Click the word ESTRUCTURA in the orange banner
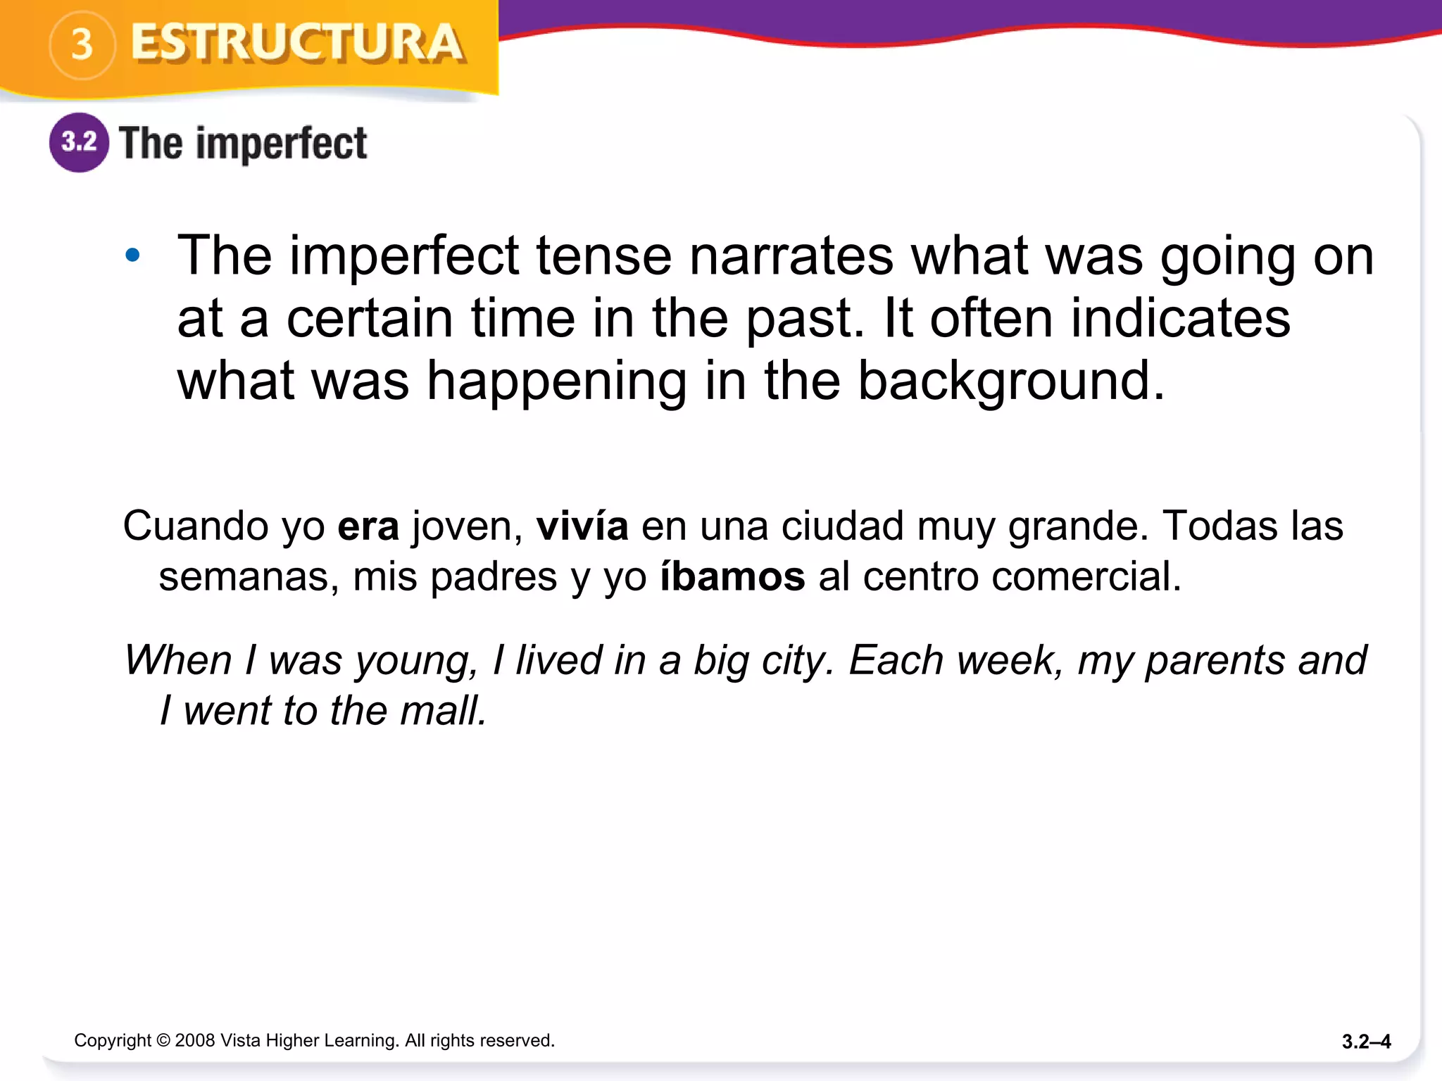pos(297,44)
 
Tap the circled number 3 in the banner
pos(82,45)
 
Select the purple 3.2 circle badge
pos(79,142)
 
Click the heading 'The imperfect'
pos(243,144)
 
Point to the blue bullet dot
pos(132,255)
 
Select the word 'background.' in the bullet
pos(1011,381)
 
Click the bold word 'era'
pos(368,526)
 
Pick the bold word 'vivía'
pos(582,526)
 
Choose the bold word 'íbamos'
pos(732,576)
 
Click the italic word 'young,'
pos(416,662)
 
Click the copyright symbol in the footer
pos(163,1040)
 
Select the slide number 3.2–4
pos(1366,1042)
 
